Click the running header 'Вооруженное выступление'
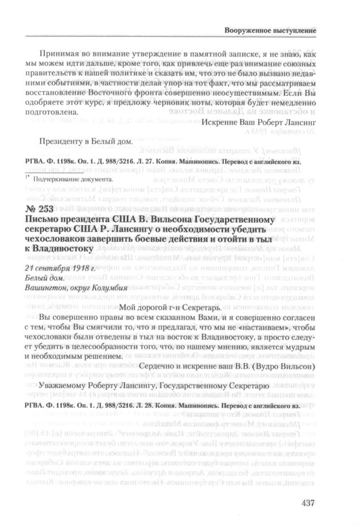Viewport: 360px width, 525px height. [271, 31]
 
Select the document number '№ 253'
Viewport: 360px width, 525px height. [39, 201]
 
